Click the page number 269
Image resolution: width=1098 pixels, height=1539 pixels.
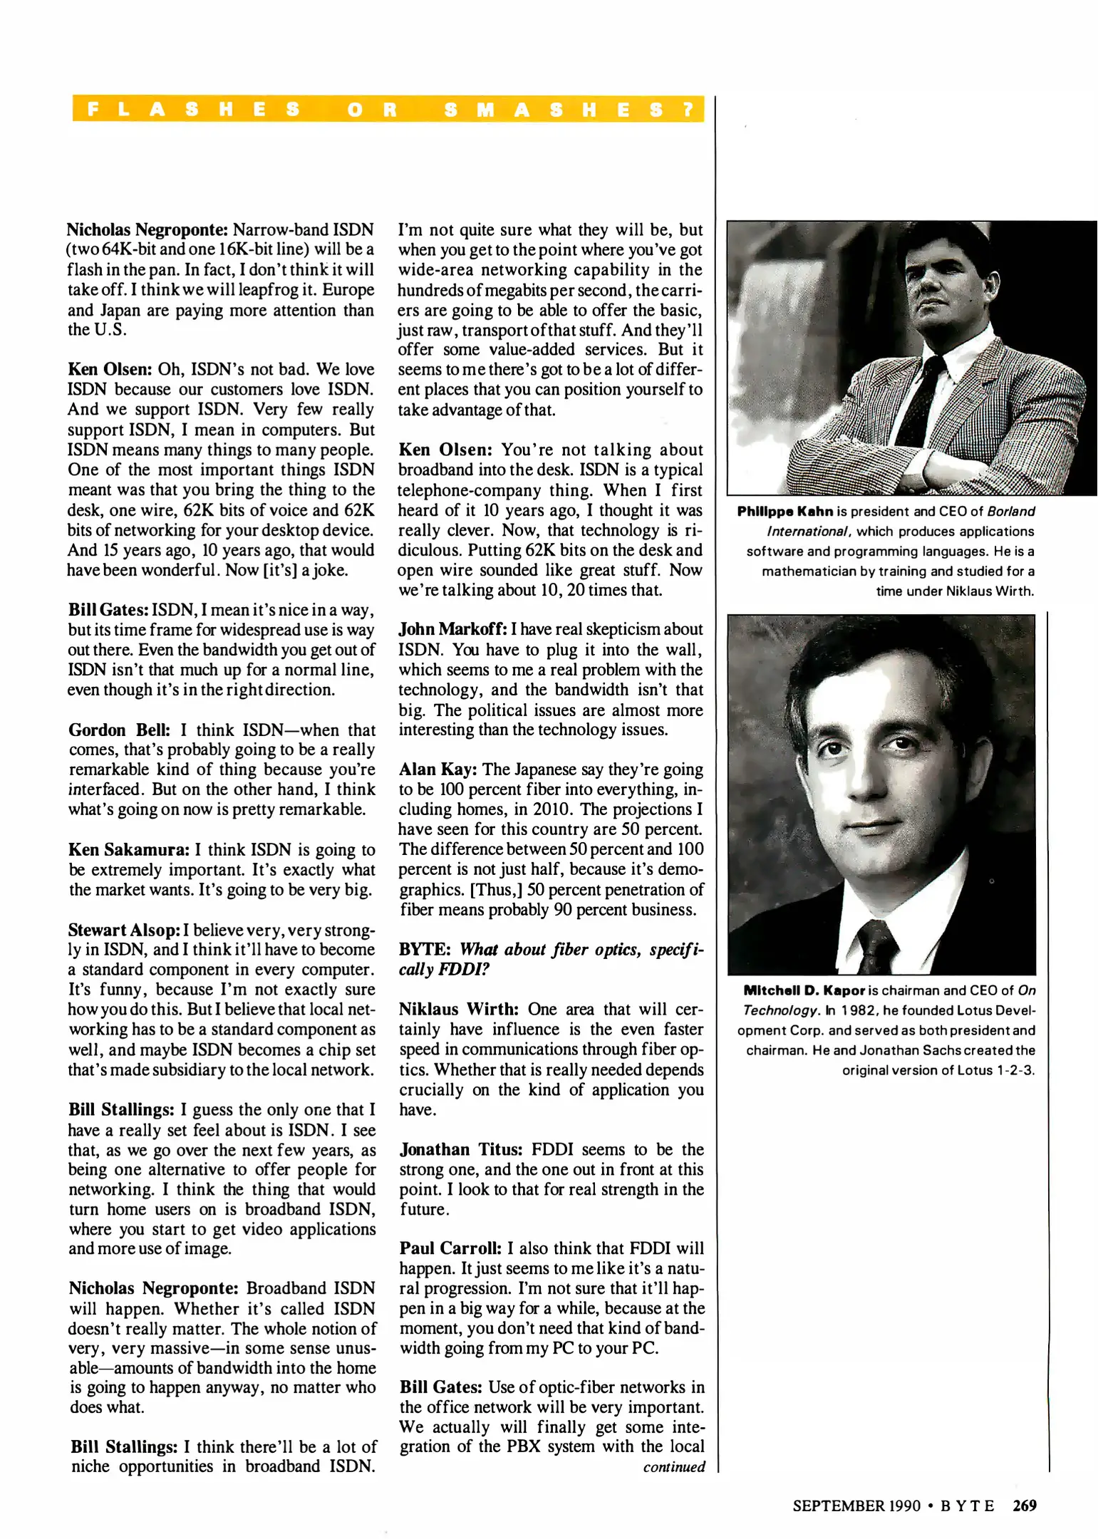click(1024, 1506)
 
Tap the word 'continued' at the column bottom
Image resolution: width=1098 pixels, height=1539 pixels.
click(673, 1467)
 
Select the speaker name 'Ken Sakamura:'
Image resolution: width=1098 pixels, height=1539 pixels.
click(129, 850)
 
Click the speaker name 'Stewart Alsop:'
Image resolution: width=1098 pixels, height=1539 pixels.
click(124, 930)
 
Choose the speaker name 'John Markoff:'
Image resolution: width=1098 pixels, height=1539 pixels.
click(452, 629)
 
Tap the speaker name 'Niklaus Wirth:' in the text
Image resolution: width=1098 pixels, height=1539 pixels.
click(459, 1010)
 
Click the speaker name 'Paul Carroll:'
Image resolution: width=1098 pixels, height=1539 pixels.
click(450, 1249)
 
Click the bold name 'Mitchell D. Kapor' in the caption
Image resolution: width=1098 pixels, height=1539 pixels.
click(804, 990)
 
